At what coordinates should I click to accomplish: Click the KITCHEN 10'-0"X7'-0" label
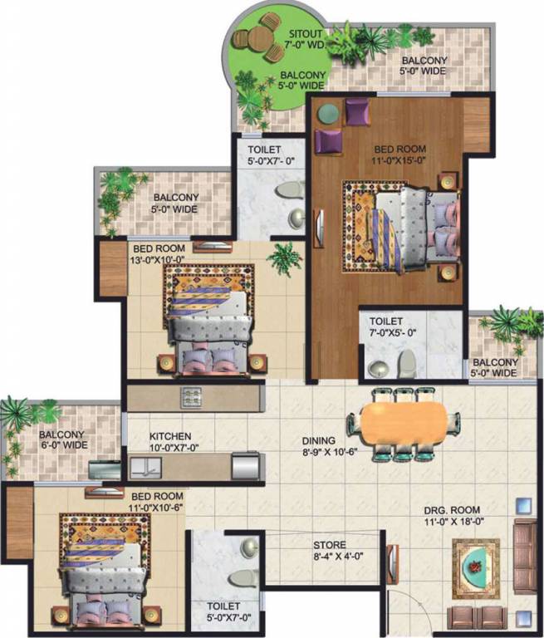pos(170,441)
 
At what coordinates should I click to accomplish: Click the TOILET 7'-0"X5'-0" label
pos(387,326)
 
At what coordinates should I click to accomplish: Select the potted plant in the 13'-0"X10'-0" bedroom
pos(285,257)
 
